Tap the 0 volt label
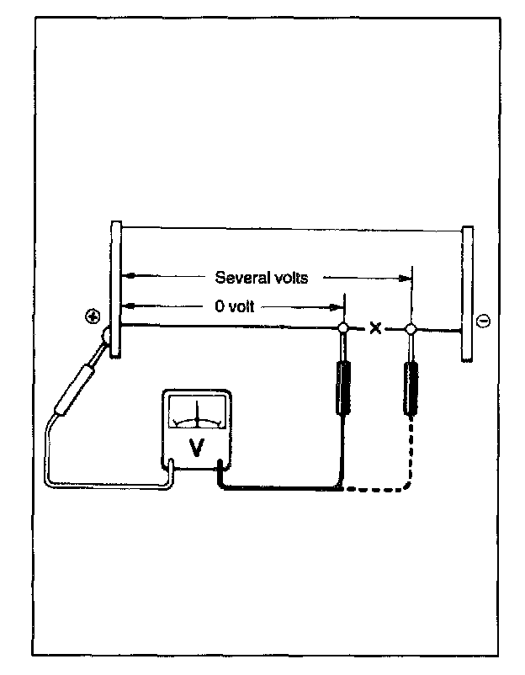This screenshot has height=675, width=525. point(234,306)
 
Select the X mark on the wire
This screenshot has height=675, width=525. point(375,328)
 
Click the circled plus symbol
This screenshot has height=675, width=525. point(93,317)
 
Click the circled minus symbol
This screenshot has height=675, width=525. point(484,321)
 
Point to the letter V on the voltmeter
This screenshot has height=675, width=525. point(197,448)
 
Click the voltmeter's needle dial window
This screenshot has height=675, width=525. point(197,412)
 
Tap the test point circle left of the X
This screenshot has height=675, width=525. point(343,328)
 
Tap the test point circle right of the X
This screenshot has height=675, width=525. point(411,329)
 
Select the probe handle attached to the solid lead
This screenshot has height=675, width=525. point(343,388)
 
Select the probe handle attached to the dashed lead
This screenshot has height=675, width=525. point(411,389)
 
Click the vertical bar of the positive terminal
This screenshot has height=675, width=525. point(116,289)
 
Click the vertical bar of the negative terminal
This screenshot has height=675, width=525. point(467,293)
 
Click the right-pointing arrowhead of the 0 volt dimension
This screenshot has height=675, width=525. point(335,307)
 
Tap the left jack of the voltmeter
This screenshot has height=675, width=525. point(172,466)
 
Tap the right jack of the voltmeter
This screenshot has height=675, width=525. point(220,467)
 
